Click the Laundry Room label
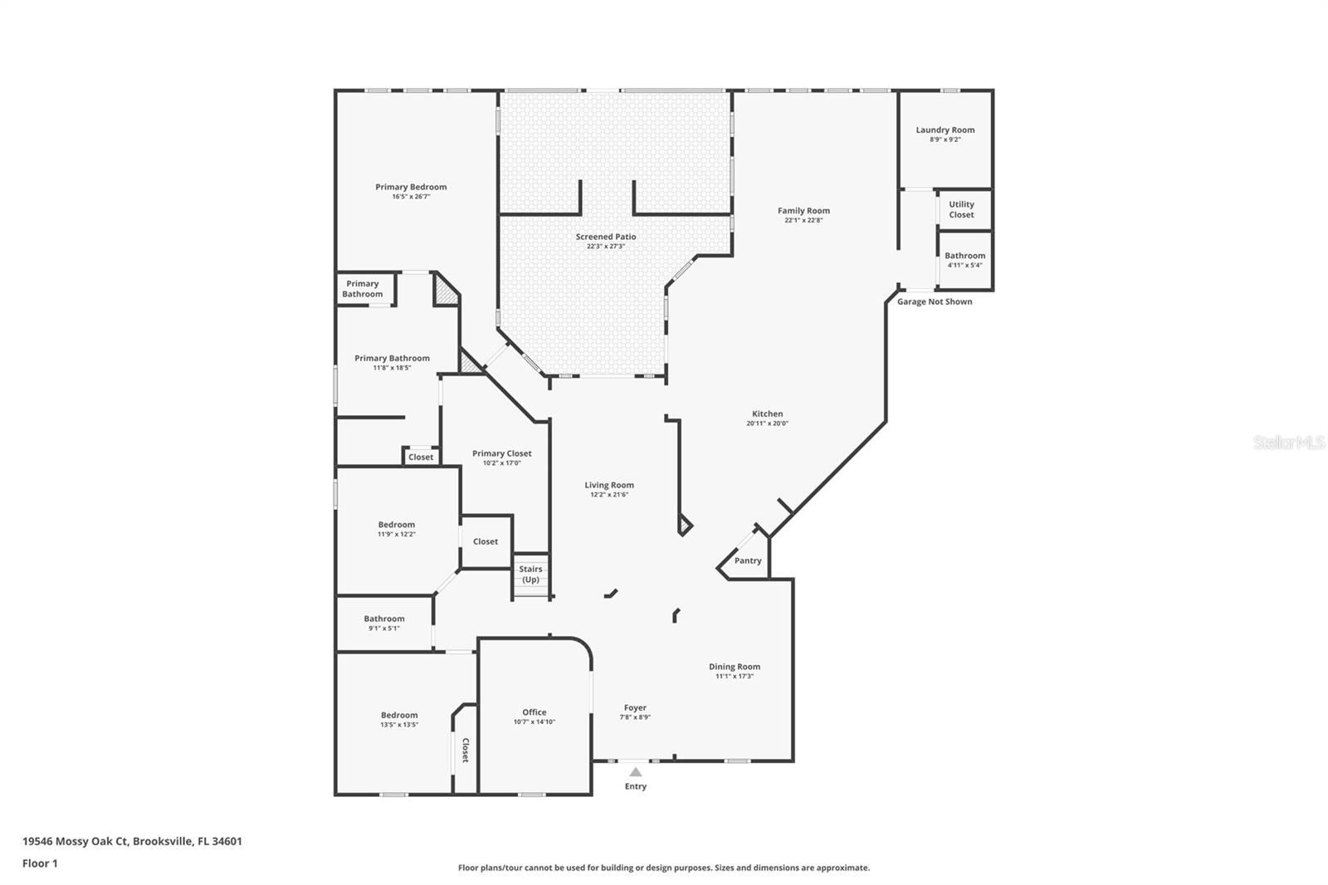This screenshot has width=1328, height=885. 945,130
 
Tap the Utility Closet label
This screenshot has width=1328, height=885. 961,209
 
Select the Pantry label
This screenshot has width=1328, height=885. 747,560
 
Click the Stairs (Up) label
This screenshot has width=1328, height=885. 530,575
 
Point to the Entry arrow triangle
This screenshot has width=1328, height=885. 635,772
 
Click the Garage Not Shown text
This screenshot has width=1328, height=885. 934,301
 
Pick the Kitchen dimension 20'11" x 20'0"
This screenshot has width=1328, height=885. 767,423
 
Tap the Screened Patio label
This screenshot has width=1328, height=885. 606,237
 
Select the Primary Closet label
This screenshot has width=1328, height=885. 501,453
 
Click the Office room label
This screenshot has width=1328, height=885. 534,712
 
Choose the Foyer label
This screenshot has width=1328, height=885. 635,708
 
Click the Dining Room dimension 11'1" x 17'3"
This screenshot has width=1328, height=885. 735,677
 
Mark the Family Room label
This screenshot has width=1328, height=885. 803,211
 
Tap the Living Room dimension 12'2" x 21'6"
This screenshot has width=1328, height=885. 609,495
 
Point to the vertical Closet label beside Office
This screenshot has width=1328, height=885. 466,751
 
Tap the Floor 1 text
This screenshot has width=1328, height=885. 40,863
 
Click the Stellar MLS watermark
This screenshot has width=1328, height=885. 1288,443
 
